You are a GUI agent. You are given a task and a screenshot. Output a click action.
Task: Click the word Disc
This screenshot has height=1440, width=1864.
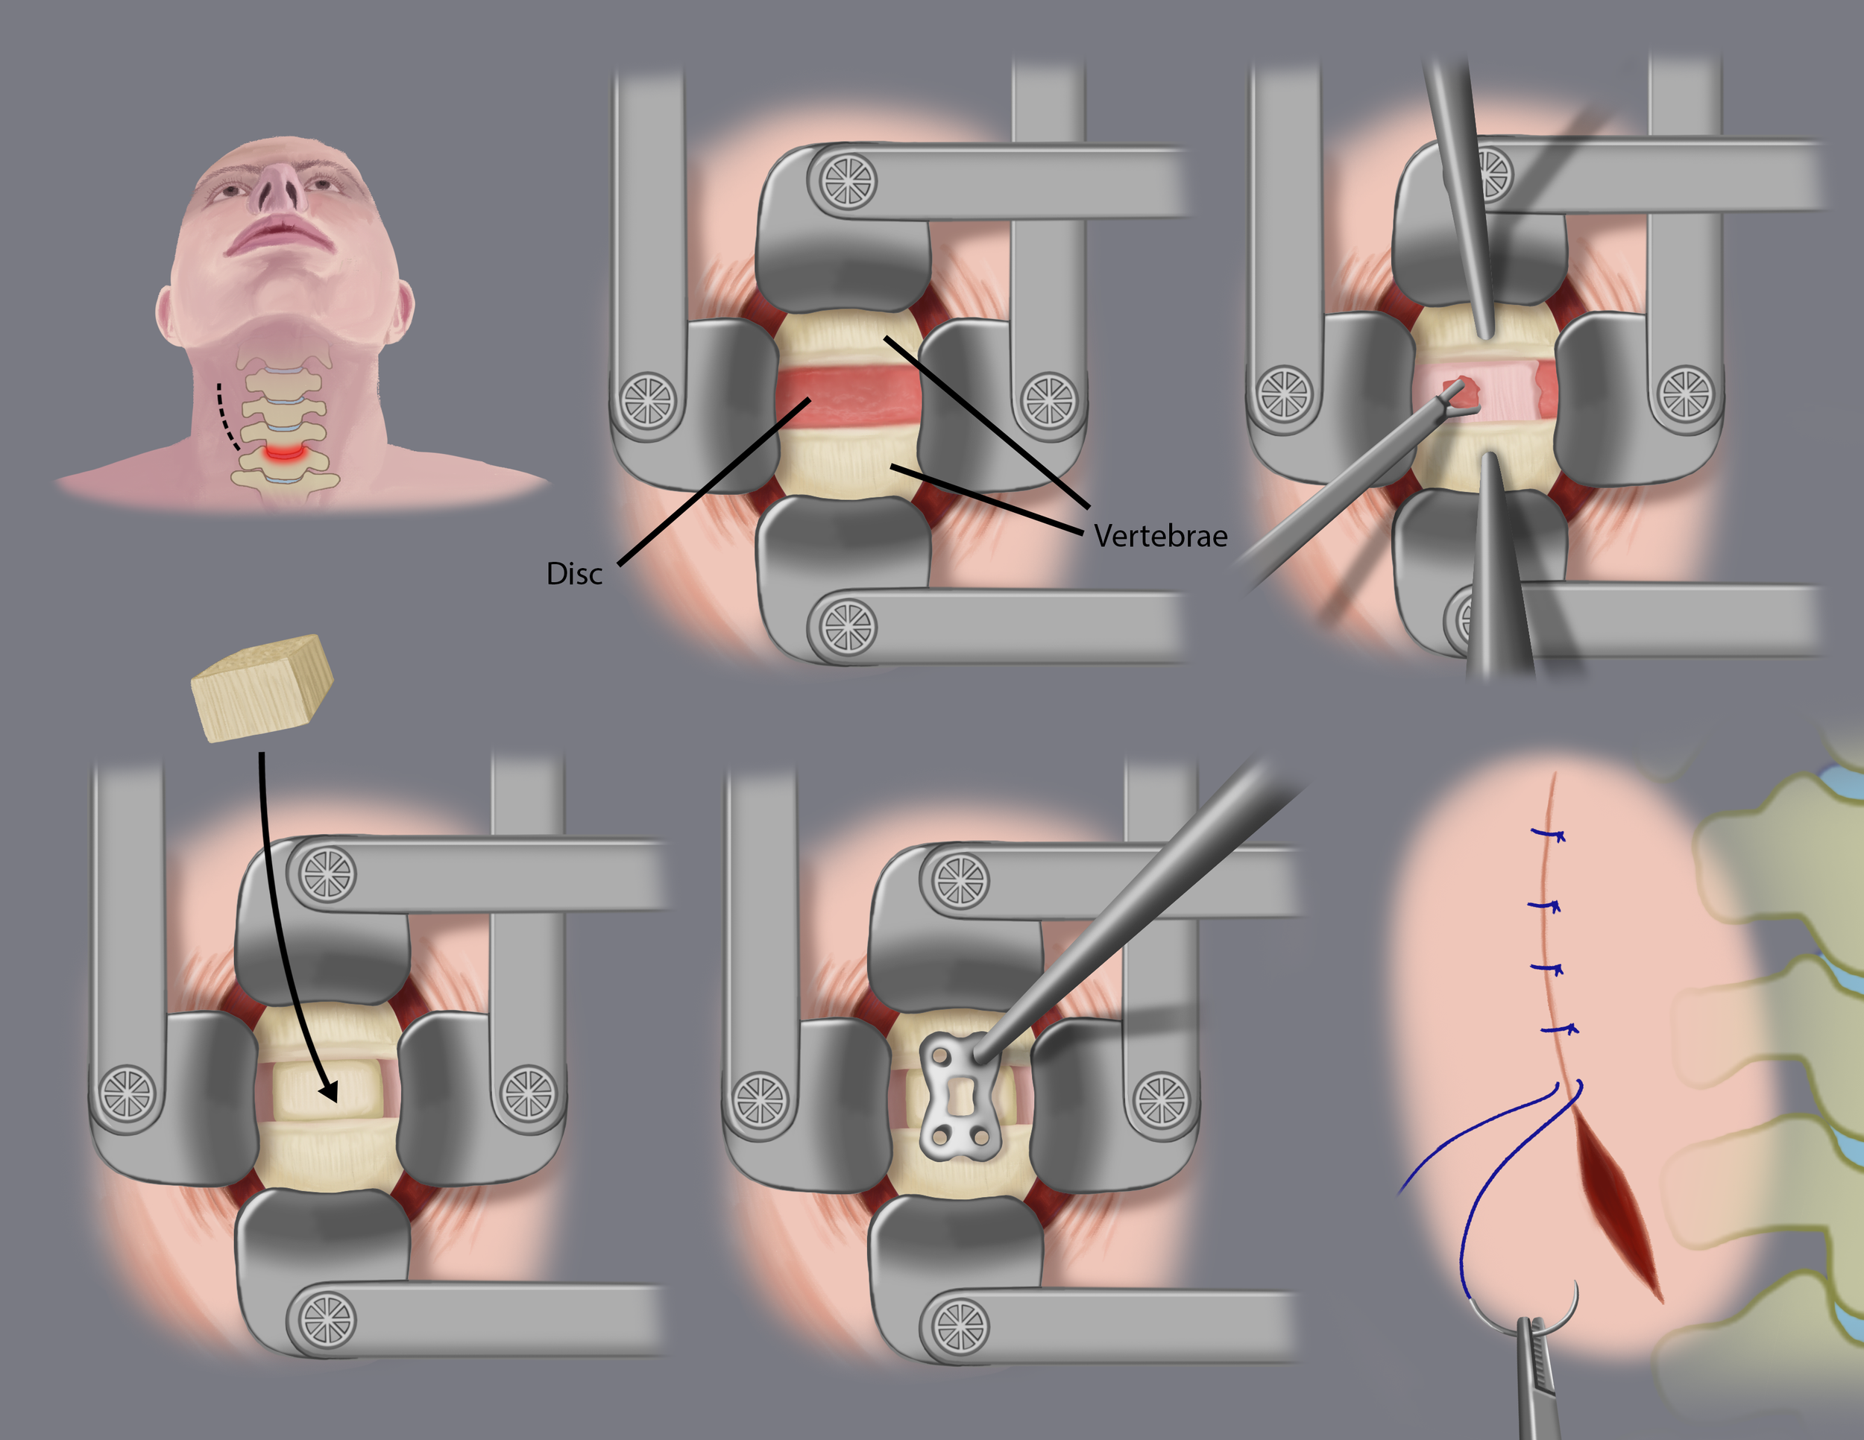click(574, 574)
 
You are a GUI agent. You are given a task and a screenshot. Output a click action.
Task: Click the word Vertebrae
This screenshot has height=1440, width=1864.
click(1161, 536)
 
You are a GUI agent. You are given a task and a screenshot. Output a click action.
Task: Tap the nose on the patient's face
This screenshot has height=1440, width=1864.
click(282, 187)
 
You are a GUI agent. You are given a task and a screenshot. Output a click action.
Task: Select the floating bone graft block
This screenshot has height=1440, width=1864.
click(262, 688)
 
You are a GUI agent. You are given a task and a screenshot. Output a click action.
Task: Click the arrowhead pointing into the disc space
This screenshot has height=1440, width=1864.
click(329, 1091)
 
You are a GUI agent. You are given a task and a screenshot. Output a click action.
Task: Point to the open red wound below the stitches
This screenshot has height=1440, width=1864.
click(1617, 1203)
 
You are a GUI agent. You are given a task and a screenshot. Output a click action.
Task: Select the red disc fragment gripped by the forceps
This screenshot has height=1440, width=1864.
click(1463, 391)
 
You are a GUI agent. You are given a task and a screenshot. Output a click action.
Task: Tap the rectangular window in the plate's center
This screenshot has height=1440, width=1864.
click(960, 1096)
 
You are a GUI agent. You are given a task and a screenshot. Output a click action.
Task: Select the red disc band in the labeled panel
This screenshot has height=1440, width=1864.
click(849, 397)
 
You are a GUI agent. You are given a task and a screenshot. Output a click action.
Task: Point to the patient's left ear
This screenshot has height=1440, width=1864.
click(401, 312)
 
